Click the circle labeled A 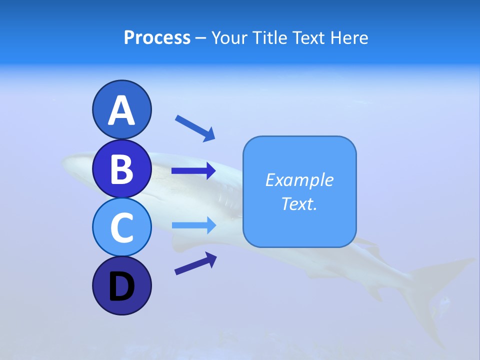pos(121,109)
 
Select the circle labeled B pos(121,168)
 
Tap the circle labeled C pos(121,227)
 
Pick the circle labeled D pos(121,285)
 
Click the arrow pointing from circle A pos(195,127)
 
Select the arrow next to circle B pos(193,171)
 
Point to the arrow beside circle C pos(193,225)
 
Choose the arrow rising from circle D pos(195,263)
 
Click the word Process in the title pos(157,37)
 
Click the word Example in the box pos(299,180)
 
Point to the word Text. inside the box pos(299,203)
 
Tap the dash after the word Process pos(200,38)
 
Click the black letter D pos(121,287)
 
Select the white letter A pos(121,110)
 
